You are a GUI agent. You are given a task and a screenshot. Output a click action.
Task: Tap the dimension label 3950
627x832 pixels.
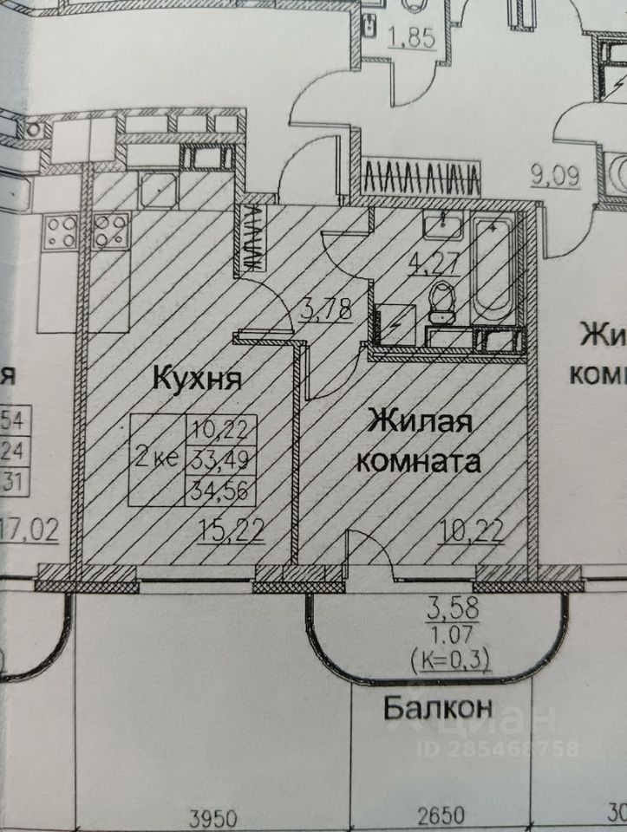pos(213,816)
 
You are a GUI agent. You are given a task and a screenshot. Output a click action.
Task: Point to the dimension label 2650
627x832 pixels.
pos(442,816)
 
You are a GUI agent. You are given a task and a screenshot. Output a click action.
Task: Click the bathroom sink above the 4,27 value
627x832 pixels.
pos(443,226)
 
